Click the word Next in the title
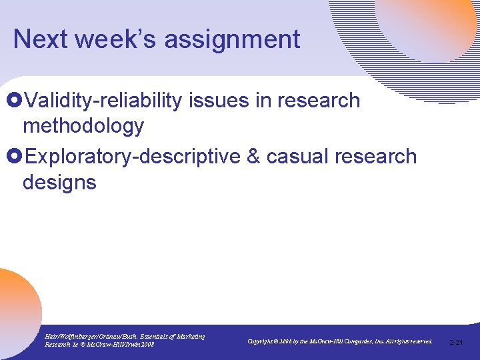40,39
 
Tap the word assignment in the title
232,40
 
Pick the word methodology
83,125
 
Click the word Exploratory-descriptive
135,157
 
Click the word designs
59,181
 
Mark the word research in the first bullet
319,101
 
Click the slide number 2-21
457,342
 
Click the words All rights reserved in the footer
406,341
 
